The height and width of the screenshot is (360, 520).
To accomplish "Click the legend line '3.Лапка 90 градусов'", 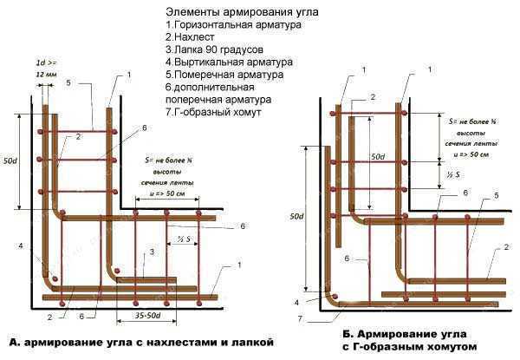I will [214, 50].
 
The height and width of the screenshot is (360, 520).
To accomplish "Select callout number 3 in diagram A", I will [153, 251].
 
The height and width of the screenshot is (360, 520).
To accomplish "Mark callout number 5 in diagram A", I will [90, 83].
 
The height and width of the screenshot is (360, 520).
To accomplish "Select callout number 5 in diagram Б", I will [496, 197].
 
